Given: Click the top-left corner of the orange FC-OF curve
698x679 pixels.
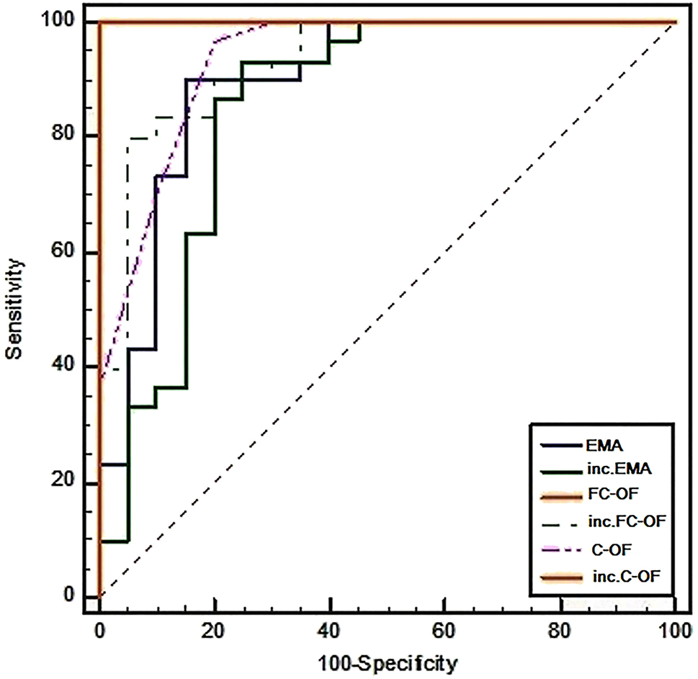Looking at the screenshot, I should point(100,22).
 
